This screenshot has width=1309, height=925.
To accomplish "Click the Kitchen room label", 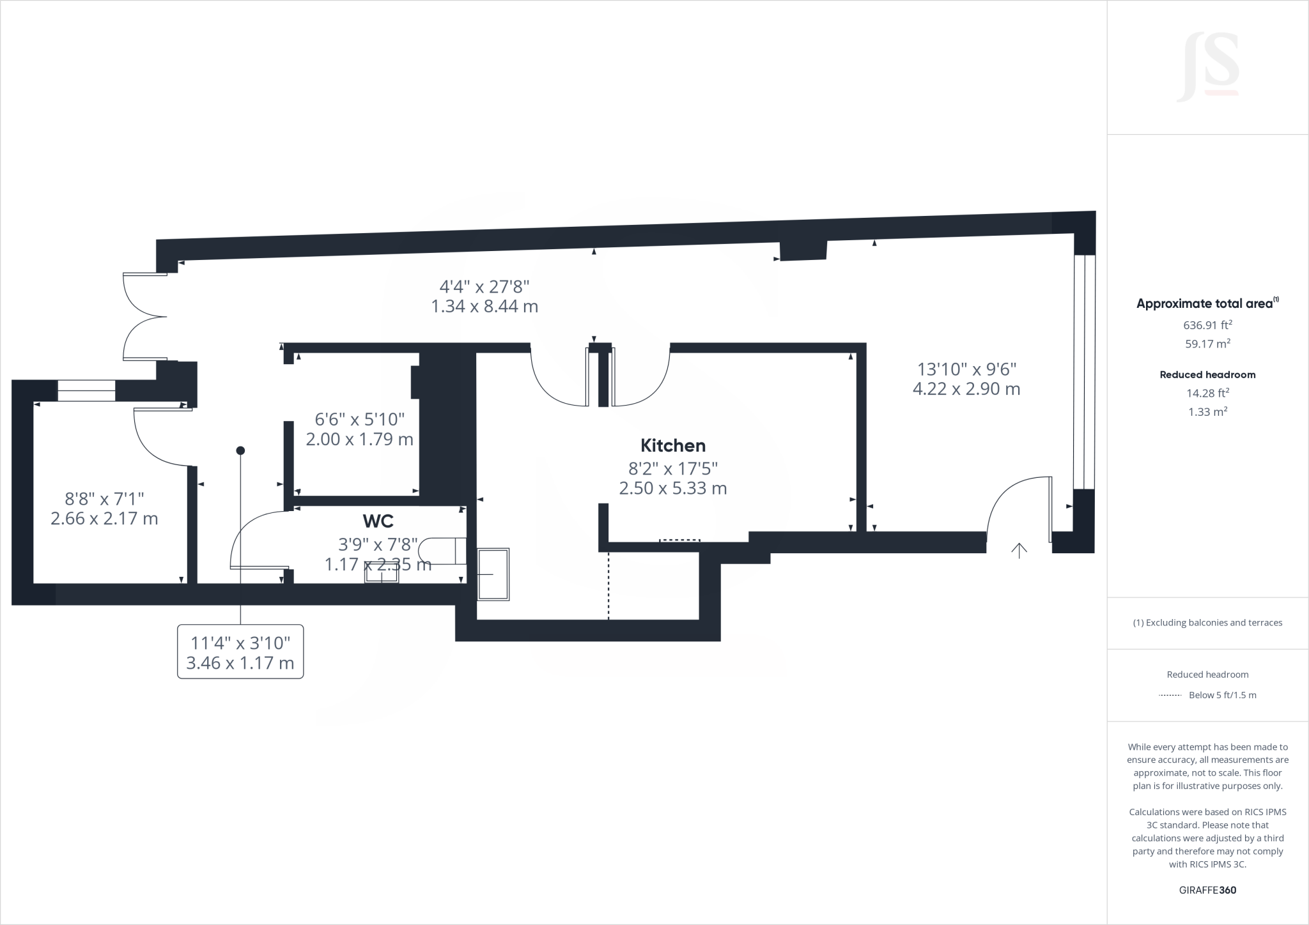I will point(673,445).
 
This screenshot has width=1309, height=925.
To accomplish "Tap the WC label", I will point(378,521).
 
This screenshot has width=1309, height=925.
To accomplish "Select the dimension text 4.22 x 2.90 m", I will point(966,388).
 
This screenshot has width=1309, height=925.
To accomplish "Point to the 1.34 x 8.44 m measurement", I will point(484,306).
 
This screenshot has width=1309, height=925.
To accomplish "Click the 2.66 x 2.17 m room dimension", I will point(104,518).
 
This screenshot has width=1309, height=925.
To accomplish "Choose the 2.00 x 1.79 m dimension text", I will point(359,440).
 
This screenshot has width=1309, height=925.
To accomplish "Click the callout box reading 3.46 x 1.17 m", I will point(240,652).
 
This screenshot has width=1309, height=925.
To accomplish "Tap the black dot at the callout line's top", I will point(240,450).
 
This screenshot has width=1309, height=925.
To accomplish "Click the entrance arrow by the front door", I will point(1019,550).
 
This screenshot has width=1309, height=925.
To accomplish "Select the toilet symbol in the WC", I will point(441,551).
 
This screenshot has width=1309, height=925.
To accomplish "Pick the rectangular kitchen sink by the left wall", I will point(493,574).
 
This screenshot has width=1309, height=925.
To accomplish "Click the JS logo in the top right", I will point(1208,67).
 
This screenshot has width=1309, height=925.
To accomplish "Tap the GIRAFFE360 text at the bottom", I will point(1207,890).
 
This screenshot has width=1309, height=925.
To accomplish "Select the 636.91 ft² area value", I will point(1207,325).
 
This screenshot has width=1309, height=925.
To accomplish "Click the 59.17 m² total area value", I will point(1207,344).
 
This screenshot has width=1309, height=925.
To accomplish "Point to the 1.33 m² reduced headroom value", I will point(1207,412).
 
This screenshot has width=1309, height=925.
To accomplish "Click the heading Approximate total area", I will point(1207,303).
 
